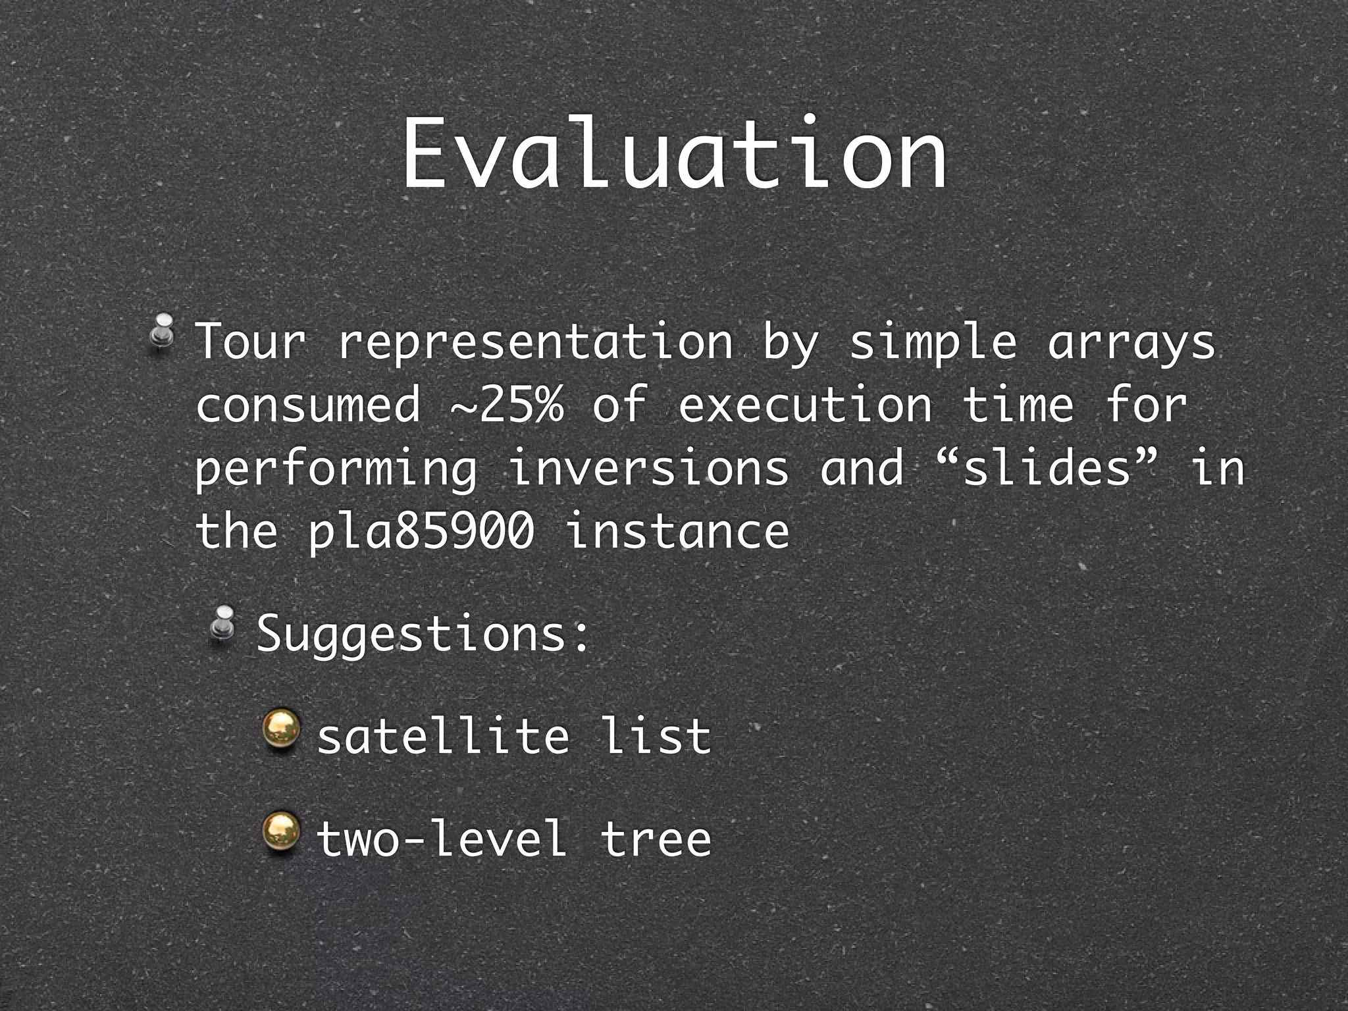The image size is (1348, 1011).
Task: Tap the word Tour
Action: click(x=251, y=342)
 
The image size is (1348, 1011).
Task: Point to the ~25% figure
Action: click(x=507, y=404)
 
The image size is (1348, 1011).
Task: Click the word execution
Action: click(x=804, y=404)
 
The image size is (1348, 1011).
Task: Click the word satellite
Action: click(x=442, y=736)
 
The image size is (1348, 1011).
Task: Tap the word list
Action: click(x=656, y=736)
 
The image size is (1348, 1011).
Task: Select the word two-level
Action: click(x=441, y=839)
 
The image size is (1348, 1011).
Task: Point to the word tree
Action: click(x=656, y=839)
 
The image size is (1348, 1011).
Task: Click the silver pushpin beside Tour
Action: click(x=162, y=332)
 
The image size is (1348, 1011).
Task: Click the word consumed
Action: click(x=307, y=404)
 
